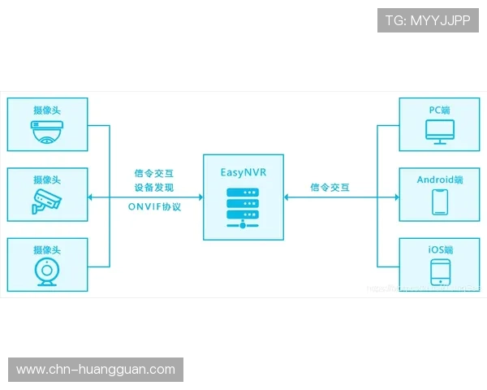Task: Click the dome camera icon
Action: point(46,131)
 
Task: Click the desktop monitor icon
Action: point(439,131)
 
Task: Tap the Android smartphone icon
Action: point(439,201)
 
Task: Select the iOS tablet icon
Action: point(439,271)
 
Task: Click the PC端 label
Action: point(439,110)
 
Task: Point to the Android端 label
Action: point(439,179)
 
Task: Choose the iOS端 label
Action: point(439,249)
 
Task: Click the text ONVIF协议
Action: point(154,206)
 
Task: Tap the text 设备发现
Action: point(154,188)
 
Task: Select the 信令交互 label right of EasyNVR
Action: point(330,188)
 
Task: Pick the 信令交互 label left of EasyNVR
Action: point(154,173)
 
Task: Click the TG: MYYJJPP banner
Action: point(428,20)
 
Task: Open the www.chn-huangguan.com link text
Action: point(96,370)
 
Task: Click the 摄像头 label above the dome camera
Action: point(46,110)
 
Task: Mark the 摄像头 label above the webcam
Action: point(46,249)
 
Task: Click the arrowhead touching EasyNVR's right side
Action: point(287,197)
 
